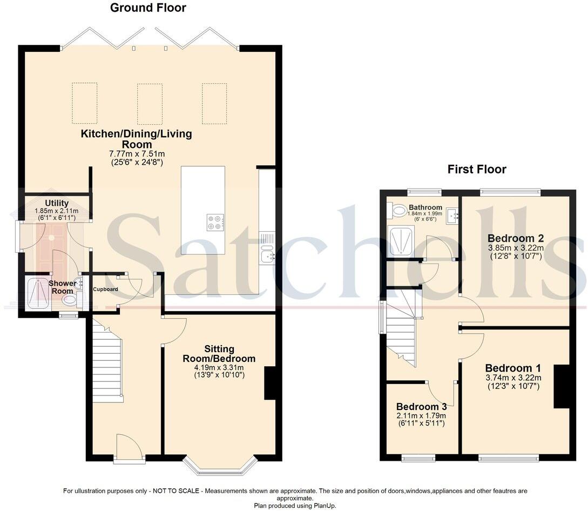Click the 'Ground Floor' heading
[x=148, y=8]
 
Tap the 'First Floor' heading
[x=477, y=169]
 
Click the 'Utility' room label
[x=56, y=203]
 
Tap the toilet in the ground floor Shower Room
[x=70, y=300]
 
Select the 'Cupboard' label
[x=105, y=289]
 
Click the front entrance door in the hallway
[x=129, y=448]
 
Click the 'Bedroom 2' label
[x=515, y=238]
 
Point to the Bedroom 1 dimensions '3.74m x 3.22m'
[x=512, y=378]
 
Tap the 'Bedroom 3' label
[x=421, y=407]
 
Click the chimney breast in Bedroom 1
[x=562, y=386]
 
